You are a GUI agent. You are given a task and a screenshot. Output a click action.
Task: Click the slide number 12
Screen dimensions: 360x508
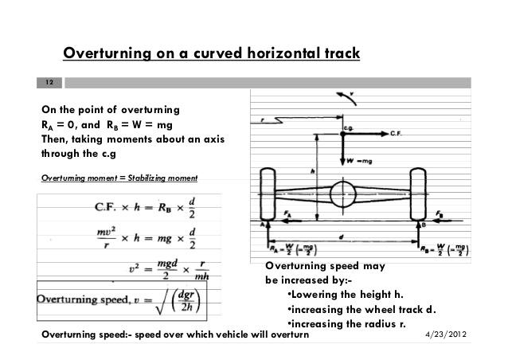tap(49, 83)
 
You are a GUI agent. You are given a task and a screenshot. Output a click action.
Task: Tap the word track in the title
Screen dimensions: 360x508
tap(341, 54)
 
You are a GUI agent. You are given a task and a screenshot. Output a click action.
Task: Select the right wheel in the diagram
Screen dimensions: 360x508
tap(420, 195)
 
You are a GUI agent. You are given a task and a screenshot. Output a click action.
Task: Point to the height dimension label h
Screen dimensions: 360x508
tap(313, 170)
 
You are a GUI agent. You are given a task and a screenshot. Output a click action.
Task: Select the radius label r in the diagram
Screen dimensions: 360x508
tap(263, 119)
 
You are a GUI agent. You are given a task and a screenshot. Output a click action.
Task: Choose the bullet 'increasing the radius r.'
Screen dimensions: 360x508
tap(350, 323)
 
